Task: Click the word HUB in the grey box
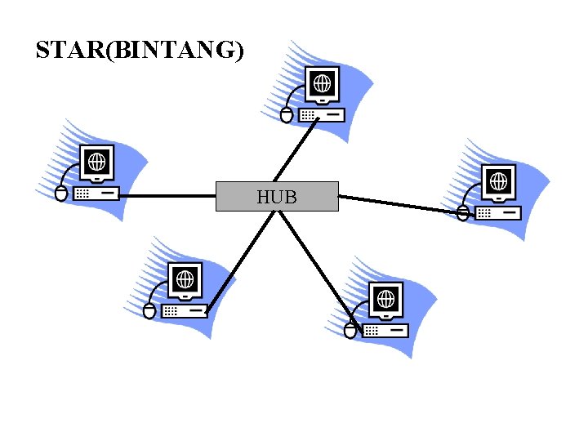[276, 197]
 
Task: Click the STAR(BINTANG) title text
[140, 51]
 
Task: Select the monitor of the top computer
[323, 84]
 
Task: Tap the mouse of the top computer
[286, 115]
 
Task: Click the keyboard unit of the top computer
[322, 115]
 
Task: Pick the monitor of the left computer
[96, 163]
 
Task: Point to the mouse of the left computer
[60, 194]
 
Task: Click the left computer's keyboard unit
[96, 194]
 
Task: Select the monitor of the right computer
[497, 182]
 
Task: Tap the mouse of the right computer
[462, 213]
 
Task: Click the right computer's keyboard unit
[498, 212]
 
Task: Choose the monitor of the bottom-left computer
[185, 279]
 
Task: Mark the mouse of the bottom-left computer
[149, 311]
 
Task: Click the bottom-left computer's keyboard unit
[185, 310]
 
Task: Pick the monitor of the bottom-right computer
[385, 299]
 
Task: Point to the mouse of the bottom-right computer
[350, 331]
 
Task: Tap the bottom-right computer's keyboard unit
[385, 330]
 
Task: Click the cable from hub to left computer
[167, 196]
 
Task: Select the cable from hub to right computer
[400, 204]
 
